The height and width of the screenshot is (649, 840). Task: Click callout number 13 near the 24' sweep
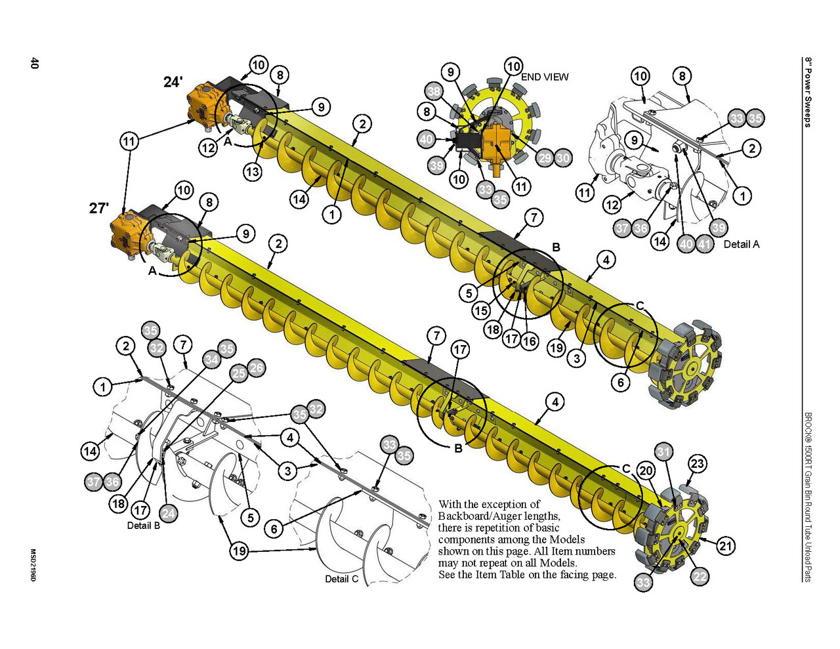[253, 171]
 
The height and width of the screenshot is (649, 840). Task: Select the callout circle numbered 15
[481, 310]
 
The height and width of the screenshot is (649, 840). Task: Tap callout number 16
[529, 341]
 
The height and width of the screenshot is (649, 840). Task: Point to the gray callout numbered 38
[434, 92]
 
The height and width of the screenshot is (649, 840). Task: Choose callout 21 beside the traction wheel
[726, 546]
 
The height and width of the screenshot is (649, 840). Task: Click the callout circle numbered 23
[698, 463]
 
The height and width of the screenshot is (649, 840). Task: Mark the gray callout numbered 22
[700, 577]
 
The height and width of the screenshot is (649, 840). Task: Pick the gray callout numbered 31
[663, 452]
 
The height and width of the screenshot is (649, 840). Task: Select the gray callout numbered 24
[168, 513]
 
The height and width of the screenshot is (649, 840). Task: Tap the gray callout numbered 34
[211, 360]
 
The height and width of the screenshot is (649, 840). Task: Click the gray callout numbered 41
[704, 244]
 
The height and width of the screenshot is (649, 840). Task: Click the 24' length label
[173, 82]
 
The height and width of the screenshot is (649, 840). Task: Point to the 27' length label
[99, 208]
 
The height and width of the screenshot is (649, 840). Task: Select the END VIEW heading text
[545, 77]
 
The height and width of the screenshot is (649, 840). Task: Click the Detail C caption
[342, 579]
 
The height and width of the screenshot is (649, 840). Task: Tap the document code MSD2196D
[33, 565]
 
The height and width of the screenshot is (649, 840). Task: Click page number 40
[34, 63]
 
